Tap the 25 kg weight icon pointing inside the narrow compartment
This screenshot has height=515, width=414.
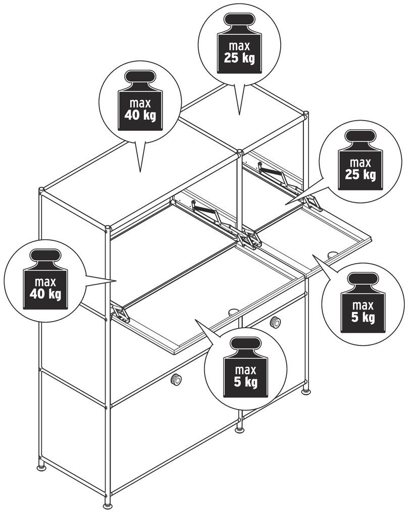[x=360, y=160]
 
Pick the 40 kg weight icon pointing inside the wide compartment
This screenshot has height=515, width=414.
[x=45, y=279]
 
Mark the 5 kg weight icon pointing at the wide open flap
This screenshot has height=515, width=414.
[x=245, y=368]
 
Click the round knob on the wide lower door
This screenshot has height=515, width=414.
[x=176, y=380]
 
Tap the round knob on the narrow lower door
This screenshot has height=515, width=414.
[x=276, y=321]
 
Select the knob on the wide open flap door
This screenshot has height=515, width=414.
[x=233, y=311]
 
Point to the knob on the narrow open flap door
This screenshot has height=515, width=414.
[x=333, y=254]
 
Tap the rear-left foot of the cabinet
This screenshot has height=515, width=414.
[x=41, y=468]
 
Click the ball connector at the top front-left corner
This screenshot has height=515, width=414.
[x=108, y=228]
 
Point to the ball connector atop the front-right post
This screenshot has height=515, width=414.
[x=306, y=114]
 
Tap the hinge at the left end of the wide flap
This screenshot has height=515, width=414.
[x=120, y=313]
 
